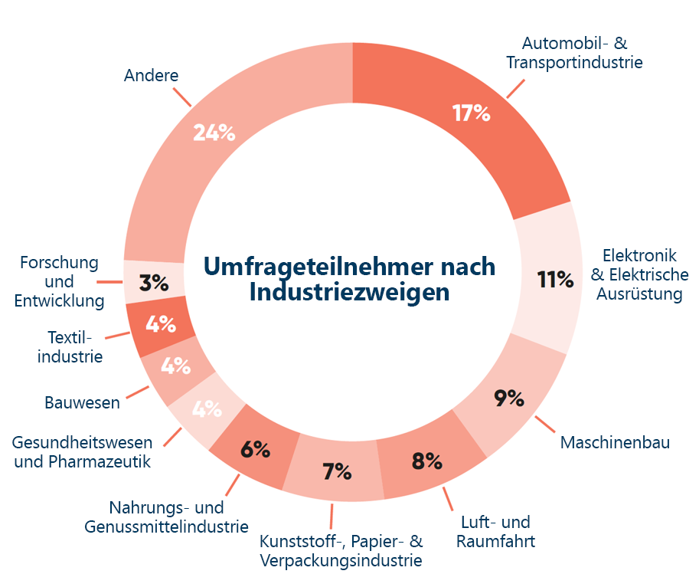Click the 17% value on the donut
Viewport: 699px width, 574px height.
coord(471,114)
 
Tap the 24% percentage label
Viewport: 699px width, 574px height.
coord(214,133)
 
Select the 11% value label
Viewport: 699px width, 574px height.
coord(555,280)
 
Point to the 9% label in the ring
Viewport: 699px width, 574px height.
coord(508,399)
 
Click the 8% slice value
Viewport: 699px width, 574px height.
coord(426,461)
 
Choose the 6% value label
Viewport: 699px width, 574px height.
coord(255,450)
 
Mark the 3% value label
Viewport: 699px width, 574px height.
coord(155,283)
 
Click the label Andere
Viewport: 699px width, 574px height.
coord(151,75)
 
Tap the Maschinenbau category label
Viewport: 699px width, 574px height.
coord(615,442)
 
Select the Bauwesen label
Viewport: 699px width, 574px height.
coord(82,402)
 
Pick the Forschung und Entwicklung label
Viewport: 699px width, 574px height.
coord(59,281)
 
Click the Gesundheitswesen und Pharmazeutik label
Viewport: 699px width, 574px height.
coord(82,452)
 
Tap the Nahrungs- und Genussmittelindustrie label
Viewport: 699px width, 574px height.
coord(166,517)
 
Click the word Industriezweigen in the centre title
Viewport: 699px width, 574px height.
coord(349,293)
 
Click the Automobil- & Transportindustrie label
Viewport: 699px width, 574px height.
coord(574,53)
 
